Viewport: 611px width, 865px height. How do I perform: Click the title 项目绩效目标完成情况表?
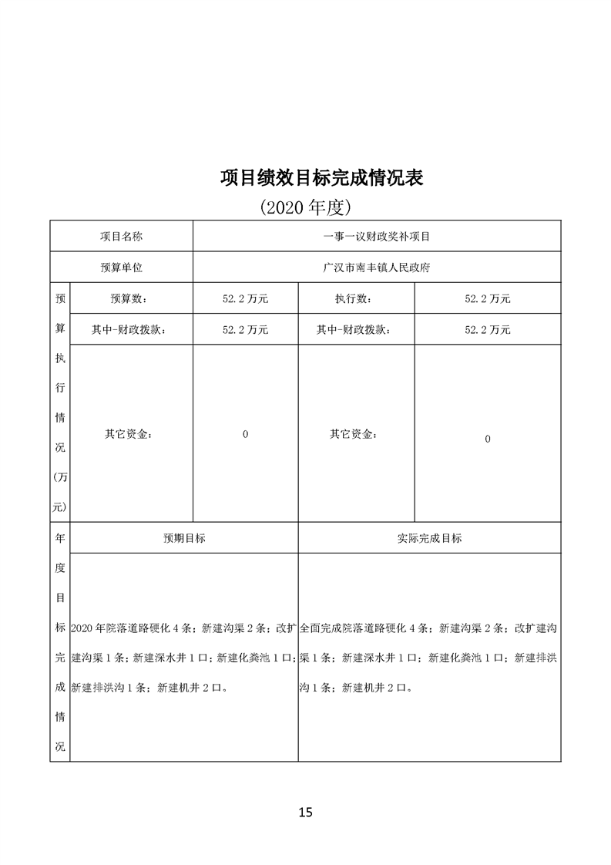tap(321, 178)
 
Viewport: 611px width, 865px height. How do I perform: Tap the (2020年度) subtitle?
tap(306, 207)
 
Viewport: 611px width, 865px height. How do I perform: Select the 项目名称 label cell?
tap(121, 237)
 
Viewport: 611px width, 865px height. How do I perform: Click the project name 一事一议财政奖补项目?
tap(377, 237)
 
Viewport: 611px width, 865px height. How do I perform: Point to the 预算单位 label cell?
tap(121, 268)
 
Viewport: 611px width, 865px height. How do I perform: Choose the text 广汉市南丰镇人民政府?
tap(377, 268)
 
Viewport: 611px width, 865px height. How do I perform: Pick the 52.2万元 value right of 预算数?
tap(245, 299)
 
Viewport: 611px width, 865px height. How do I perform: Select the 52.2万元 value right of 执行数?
tap(487, 299)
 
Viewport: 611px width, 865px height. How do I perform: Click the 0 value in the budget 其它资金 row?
tap(245, 434)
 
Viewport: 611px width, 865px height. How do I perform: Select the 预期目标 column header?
tap(184, 538)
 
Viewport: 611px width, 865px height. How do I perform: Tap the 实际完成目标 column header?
tap(429, 538)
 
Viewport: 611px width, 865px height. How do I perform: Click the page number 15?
tap(306, 812)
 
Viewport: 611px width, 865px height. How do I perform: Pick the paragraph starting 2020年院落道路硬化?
tap(183, 658)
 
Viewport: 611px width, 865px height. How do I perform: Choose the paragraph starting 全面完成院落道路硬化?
tap(429, 658)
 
